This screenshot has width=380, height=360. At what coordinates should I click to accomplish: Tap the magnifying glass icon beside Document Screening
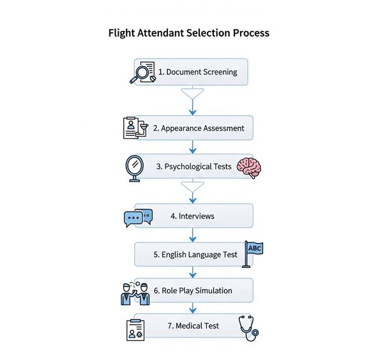[x=142, y=72]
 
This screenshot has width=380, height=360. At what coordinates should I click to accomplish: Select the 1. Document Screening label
[x=197, y=72]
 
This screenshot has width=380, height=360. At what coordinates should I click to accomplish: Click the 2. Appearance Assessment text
[x=199, y=129]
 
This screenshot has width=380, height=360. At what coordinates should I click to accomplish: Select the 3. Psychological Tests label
[x=194, y=166]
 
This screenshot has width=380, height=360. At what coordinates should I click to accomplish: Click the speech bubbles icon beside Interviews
[x=137, y=217]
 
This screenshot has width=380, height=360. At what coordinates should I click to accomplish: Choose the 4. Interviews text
[x=192, y=216]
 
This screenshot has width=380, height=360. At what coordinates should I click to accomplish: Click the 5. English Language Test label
[x=195, y=255]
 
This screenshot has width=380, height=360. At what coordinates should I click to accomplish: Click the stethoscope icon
[x=248, y=326]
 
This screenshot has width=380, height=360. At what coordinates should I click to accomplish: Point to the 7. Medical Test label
[x=193, y=326]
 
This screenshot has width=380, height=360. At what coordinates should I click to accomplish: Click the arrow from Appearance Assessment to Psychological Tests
[x=193, y=147]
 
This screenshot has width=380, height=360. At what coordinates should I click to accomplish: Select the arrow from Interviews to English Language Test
[x=193, y=235]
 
